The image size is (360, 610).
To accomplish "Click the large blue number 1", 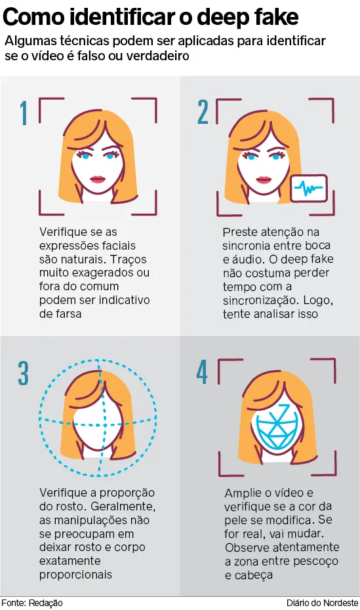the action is point(24,113).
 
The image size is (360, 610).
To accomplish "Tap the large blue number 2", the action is point(203,112).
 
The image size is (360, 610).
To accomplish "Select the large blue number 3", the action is point(24,373).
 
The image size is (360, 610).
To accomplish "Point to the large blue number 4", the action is point(202,372).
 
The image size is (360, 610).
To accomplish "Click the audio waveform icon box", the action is point(309,189).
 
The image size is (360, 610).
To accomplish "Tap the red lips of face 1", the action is point(98,180).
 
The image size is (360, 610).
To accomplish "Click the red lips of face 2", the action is point(264,180).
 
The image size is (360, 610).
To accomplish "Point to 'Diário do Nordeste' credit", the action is point(322,603).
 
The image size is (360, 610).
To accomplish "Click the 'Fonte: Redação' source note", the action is point(32,603).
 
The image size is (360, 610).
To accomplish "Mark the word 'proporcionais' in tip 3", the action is point(75,575).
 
